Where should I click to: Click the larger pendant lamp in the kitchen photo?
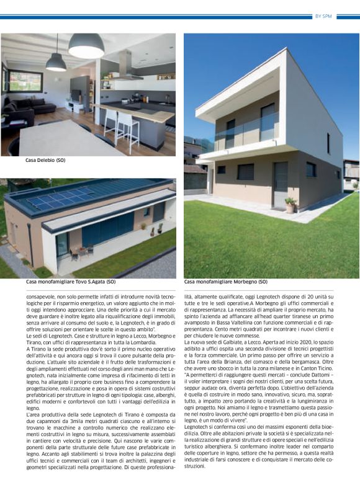[86, 47]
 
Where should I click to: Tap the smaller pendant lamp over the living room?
[56, 62]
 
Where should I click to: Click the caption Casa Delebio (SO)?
[45, 160]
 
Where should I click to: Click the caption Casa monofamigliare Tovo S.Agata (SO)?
[71, 282]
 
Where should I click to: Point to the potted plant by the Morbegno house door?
[289, 205]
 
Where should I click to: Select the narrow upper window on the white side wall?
[328, 143]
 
